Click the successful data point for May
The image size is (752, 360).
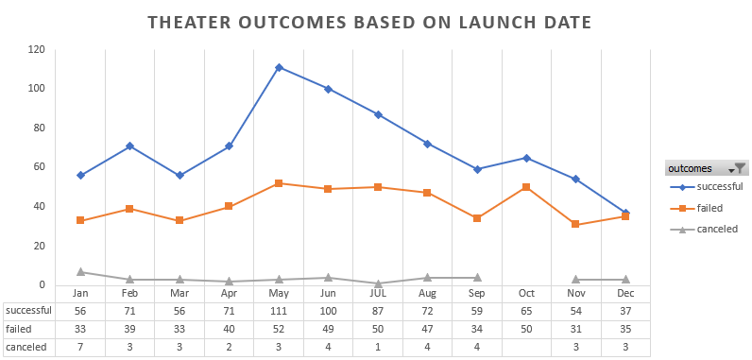point(280,67)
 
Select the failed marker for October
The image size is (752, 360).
point(525,187)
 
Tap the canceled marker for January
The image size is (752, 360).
point(81,271)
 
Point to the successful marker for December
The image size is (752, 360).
point(624,213)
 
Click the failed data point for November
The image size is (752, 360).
point(575,224)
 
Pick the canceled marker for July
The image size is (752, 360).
point(378,283)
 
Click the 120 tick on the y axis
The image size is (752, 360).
point(37,49)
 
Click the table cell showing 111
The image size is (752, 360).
point(280,311)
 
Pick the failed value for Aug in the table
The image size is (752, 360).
point(427,329)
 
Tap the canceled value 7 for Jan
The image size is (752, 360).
point(81,347)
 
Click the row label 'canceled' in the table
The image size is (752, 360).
point(26,347)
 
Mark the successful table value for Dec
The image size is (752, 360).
point(624,311)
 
